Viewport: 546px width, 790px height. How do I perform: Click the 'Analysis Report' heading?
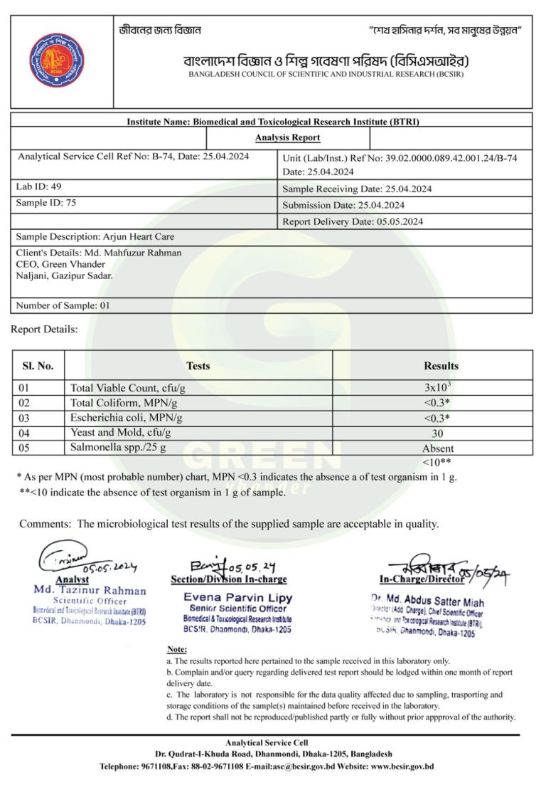287,137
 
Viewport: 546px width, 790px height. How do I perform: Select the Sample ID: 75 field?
46,203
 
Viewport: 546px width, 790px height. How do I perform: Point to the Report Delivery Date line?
353,221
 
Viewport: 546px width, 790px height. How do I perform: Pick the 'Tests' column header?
198,366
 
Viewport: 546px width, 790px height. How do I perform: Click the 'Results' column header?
441,366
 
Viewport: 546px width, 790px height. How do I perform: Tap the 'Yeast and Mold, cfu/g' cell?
121,433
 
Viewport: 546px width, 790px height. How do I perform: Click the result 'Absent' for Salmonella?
438,448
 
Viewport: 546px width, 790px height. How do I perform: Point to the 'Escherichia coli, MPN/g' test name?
127,418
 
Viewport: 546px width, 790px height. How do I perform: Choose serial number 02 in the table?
26,403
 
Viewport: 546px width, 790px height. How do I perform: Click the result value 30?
438,433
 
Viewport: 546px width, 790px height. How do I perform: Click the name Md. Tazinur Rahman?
90,590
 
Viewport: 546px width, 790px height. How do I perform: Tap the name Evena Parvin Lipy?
237,598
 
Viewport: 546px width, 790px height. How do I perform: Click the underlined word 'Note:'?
176,650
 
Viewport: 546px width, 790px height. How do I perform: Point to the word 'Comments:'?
45,525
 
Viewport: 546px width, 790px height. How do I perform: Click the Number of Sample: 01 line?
63,306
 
